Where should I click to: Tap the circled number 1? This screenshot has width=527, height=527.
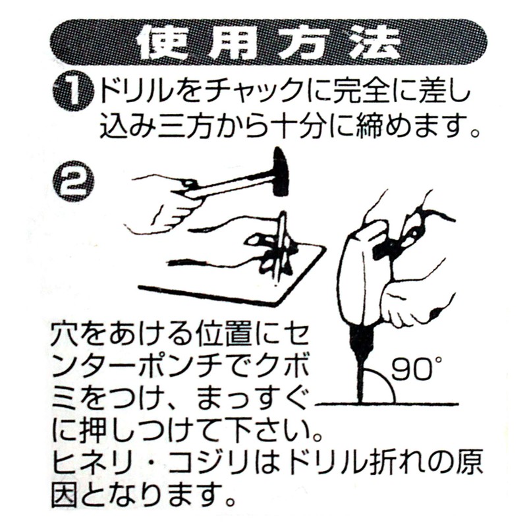[73, 93]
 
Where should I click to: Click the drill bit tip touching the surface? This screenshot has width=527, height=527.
[360, 398]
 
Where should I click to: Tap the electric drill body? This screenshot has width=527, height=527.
[361, 277]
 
